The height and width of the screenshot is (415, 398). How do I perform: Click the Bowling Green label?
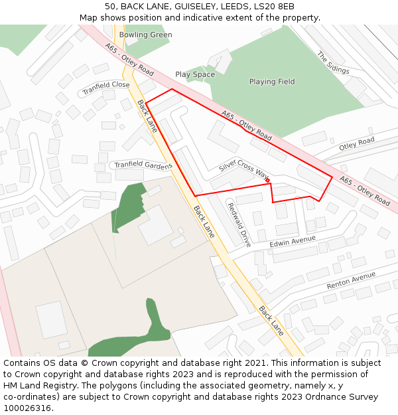(x=145, y=35)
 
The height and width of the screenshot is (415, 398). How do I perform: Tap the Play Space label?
(x=195, y=74)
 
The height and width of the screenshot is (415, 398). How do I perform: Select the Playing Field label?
(x=272, y=82)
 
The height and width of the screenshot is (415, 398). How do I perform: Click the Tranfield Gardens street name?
(x=143, y=165)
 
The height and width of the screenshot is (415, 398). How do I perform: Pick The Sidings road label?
(x=332, y=64)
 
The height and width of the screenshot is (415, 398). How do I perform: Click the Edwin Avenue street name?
(x=293, y=243)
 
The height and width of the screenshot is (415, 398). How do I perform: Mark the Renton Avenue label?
(x=351, y=281)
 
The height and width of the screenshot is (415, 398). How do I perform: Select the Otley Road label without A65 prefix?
(x=357, y=143)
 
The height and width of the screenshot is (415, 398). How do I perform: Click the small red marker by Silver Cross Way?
(x=267, y=180)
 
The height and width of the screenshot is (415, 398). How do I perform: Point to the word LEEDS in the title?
(x=235, y=6)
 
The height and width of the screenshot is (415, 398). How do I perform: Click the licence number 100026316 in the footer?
(x=27, y=408)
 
